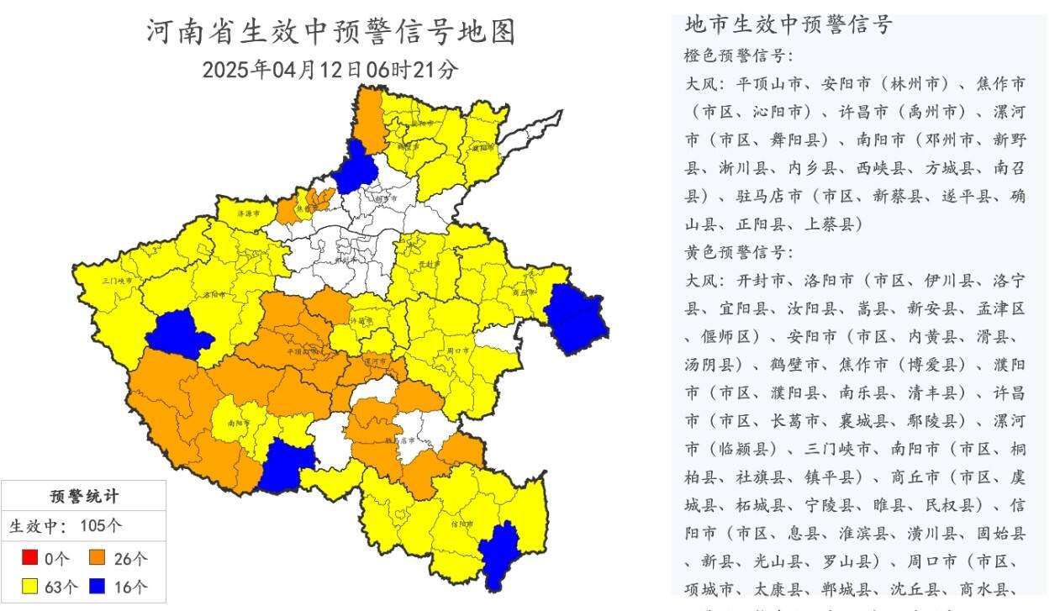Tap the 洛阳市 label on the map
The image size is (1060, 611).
tap(214, 296)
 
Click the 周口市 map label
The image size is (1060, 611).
tap(459, 350)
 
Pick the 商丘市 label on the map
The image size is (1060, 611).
tap(523, 292)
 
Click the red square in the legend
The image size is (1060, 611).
tap(29, 557)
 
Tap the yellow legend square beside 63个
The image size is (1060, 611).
tap(29, 586)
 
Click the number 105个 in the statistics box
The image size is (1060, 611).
tap(101, 527)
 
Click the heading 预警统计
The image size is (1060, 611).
tap(83, 496)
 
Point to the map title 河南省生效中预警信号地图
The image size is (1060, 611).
tap(330, 32)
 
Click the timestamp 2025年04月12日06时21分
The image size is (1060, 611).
tap(330, 69)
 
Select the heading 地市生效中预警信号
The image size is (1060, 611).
tap(788, 24)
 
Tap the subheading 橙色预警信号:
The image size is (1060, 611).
tap(738, 55)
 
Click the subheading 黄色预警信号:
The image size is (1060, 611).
tap(738, 251)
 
